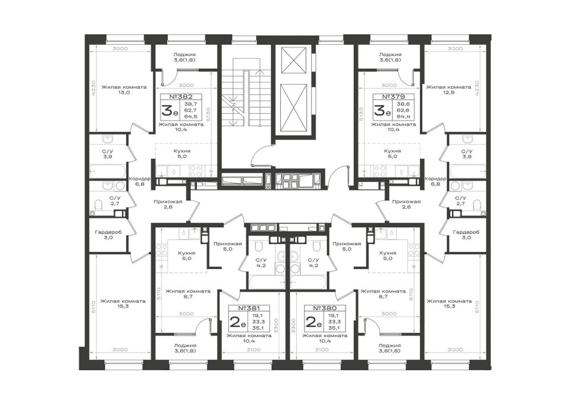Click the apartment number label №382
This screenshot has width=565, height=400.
click(x=181, y=96)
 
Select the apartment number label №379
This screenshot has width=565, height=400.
click(x=394, y=96)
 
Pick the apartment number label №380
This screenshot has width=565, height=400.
click(x=325, y=308)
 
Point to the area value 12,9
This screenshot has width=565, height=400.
click(x=448, y=92)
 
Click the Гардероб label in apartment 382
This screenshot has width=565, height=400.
click(x=108, y=232)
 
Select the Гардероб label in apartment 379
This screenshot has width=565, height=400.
click(x=466, y=232)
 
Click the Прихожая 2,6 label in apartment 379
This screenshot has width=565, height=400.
click(x=406, y=205)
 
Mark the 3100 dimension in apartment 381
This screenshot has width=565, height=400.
click(x=254, y=349)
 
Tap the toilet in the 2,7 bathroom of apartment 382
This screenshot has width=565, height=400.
click(x=98, y=205)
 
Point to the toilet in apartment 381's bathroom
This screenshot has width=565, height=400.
click(x=258, y=247)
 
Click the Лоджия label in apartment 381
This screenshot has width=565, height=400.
click(x=185, y=345)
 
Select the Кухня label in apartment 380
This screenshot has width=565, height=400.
click(x=388, y=253)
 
